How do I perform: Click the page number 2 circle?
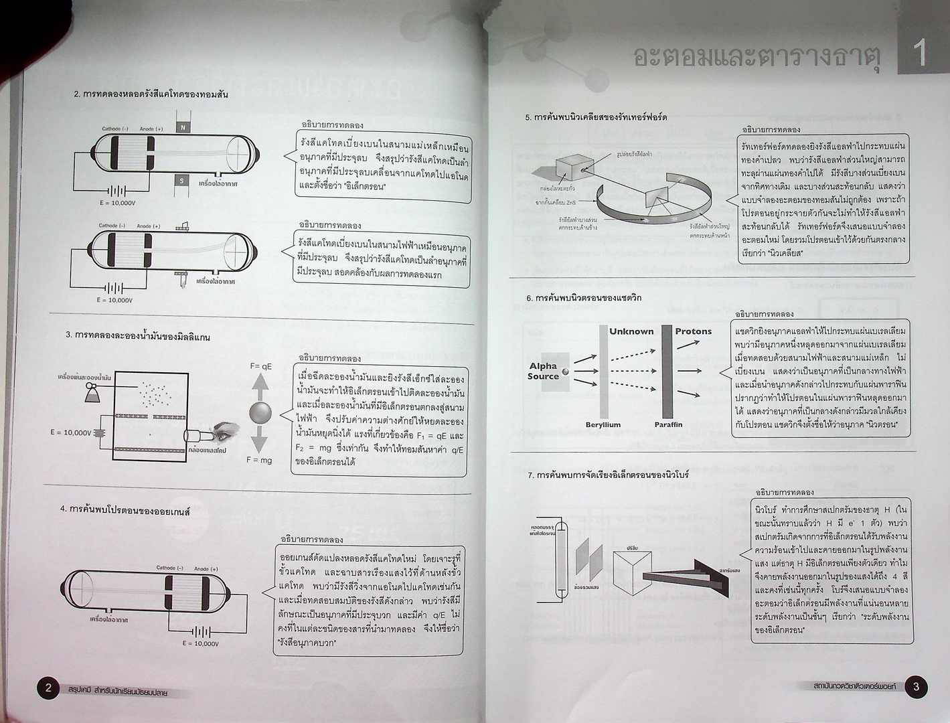[x=48, y=688]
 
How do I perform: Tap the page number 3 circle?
[x=916, y=686]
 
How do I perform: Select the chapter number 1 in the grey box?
[x=920, y=53]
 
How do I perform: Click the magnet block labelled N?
[x=182, y=127]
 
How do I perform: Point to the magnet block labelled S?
[x=181, y=180]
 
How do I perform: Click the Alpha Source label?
[x=543, y=371]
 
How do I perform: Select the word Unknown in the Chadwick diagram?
[x=631, y=331]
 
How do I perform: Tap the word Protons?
[x=693, y=331]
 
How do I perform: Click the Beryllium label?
[x=603, y=424]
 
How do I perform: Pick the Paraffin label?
[x=668, y=424]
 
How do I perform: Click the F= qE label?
[x=261, y=366]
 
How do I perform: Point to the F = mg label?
[x=259, y=460]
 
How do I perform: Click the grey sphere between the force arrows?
[x=260, y=412]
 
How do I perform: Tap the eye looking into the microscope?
[x=226, y=431]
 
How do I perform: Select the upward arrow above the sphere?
[x=260, y=386]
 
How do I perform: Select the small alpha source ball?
[x=566, y=372]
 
